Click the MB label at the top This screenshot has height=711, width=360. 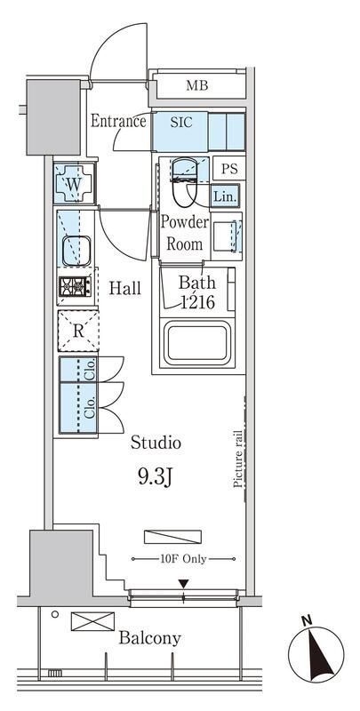coord(196,85)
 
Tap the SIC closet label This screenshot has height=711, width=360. coord(181,122)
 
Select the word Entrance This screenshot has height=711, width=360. coord(118,121)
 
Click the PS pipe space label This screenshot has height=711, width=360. coord(229,169)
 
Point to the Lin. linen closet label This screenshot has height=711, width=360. coord(225,196)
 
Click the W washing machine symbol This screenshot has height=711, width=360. coord(75,183)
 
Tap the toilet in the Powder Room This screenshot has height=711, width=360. coord(184,181)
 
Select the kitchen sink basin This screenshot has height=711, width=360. coord(76,251)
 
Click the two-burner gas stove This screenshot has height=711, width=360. coord(75,286)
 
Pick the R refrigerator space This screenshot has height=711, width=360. coord(78,331)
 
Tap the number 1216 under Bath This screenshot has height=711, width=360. coord(197,301)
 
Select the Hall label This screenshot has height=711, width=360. coord(124,288)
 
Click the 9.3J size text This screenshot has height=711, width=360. coord(154,477)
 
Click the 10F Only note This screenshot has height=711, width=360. coord(183,560)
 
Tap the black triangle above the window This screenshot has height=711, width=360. coord(183,584)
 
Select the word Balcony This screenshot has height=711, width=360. coord(149,638)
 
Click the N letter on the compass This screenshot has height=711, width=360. coord(308,620)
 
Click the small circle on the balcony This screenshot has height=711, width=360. coord(55,614)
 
